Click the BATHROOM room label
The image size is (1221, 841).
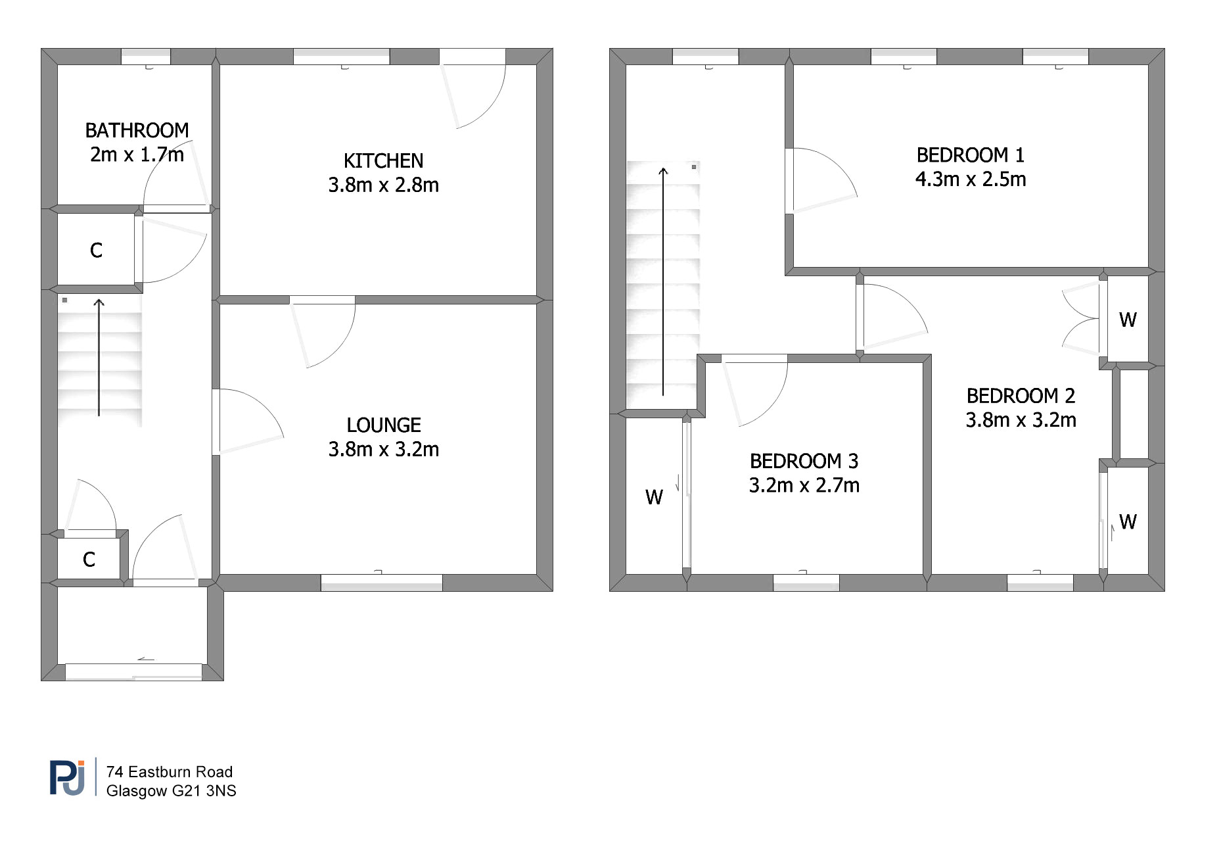[137, 130]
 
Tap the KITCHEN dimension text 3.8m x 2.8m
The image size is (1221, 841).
[384, 185]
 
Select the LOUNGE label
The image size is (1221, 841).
[384, 425]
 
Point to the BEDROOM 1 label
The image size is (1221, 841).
[970, 155]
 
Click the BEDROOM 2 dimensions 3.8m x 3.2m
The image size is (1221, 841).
[1021, 420]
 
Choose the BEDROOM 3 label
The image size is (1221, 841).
[804, 461]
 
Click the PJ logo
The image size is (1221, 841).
[68, 778]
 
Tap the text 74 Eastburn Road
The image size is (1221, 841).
[170, 772]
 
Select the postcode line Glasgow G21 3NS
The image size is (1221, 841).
[172, 791]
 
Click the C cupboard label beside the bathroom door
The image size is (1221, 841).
[96, 251]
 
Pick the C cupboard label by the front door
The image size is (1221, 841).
[89, 560]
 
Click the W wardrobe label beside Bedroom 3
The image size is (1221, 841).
[654, 498]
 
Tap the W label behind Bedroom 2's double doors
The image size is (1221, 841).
[1128, 320]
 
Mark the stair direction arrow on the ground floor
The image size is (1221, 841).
[99, 358]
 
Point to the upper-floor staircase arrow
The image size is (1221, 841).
[663, 281]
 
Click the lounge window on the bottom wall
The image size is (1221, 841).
[381, 583]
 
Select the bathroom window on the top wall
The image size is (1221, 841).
[146, 57]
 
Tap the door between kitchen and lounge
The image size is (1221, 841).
[323, 332]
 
